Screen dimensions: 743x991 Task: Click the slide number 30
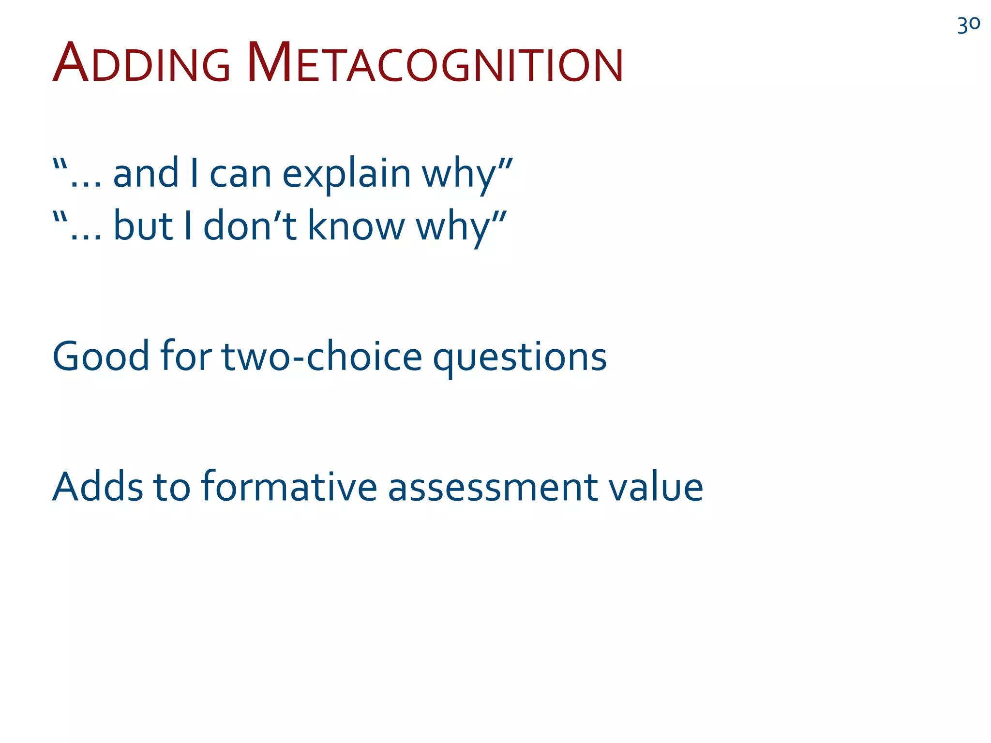968,25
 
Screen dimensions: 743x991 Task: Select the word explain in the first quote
346,174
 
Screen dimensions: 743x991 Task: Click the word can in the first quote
240,174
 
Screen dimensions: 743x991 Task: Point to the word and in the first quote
146,174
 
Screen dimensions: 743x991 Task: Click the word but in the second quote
143,226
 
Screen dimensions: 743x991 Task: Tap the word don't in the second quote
250,226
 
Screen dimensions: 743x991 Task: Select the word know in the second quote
356,226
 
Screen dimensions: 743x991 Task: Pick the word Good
101,357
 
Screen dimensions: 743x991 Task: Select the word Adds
98,487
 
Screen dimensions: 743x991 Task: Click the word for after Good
186,357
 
